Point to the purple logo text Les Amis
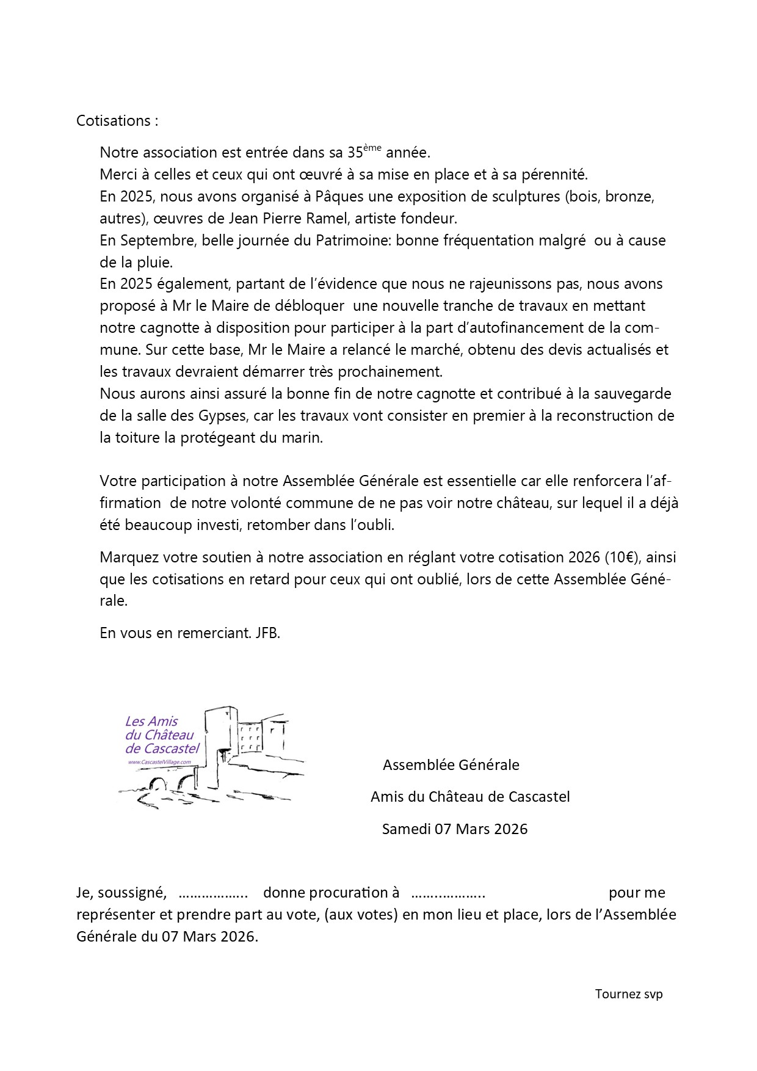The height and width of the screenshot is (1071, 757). pos(151,721)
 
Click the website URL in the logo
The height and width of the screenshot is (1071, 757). pos(159,763)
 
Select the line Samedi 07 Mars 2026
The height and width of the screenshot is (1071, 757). pos(455,829)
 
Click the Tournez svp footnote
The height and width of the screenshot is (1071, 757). pos(629,994)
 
